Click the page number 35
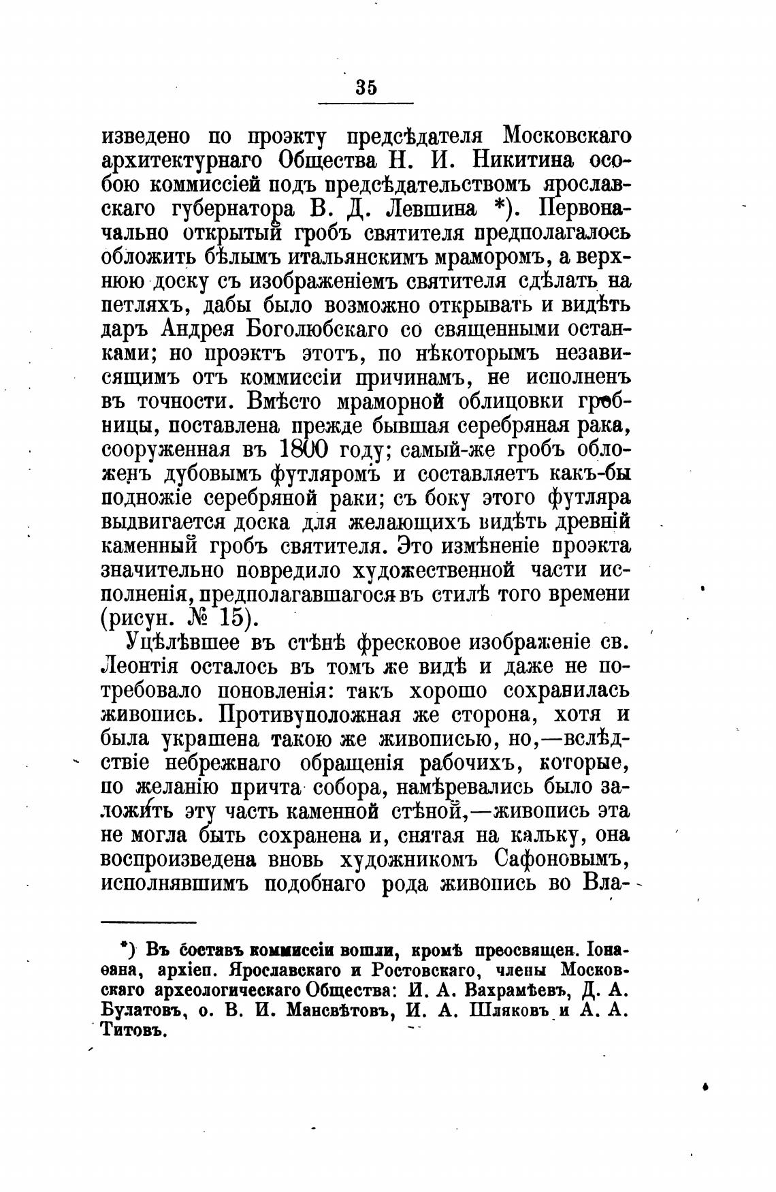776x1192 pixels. pos(366,88)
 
